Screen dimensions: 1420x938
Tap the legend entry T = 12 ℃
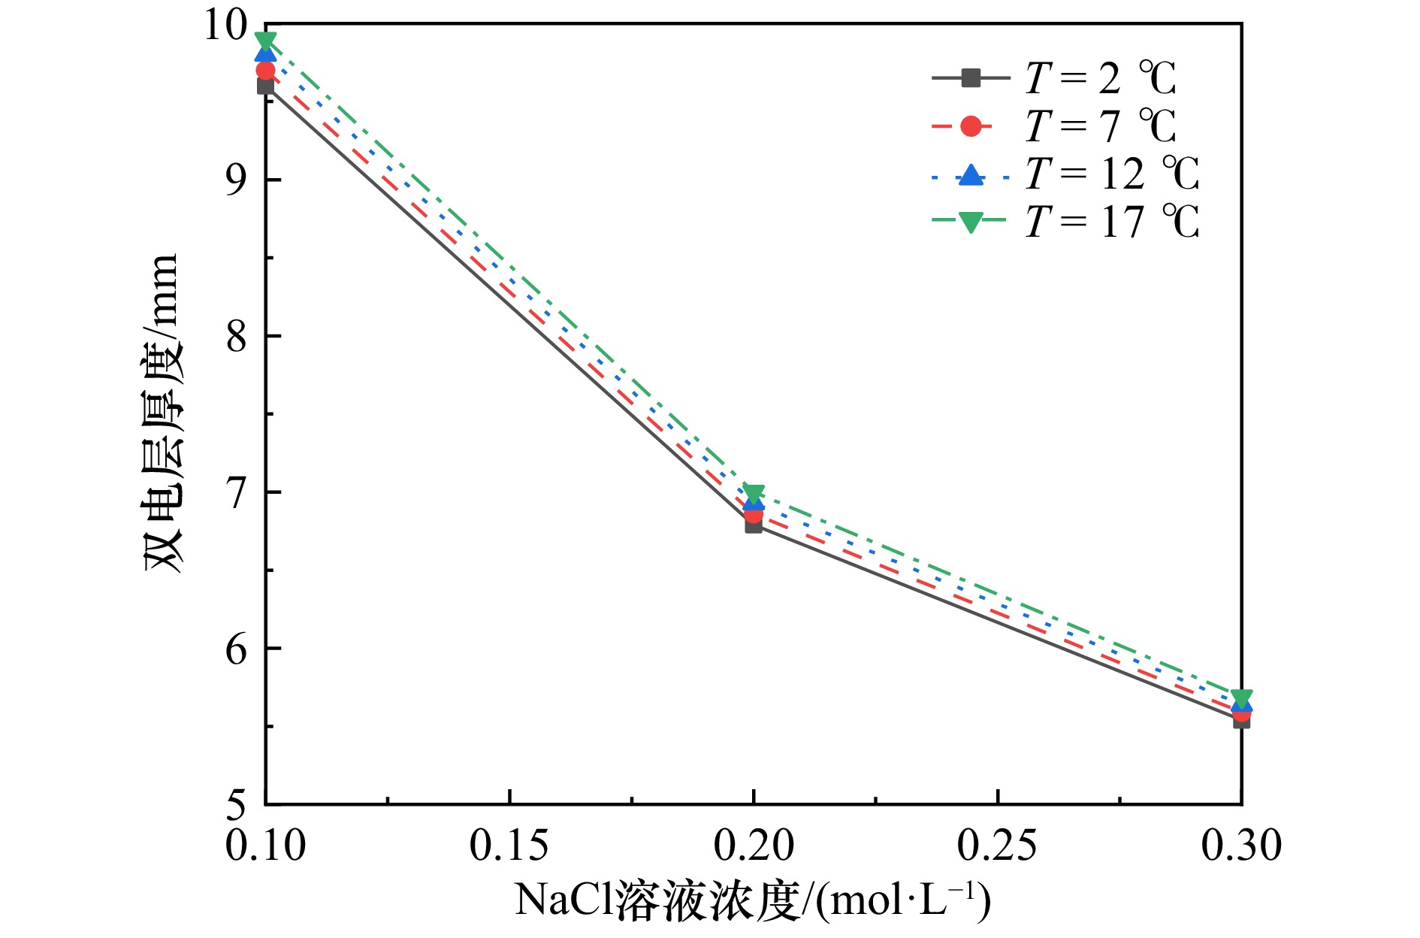[x=1065, y=174]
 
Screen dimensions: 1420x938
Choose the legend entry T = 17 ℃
[x=1065, y=222]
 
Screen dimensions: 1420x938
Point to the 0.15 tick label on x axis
[x=509, y=846]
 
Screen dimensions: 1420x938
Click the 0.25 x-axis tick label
[x=997, y=846]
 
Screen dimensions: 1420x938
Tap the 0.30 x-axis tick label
[x=1241, y=846]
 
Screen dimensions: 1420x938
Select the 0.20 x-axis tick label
[x=754, y=846]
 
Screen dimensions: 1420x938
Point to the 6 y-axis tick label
[x=237, y=649]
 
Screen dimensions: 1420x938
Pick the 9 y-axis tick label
[x=237, y=180]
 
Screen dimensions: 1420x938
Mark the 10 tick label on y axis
[x=225, y=26]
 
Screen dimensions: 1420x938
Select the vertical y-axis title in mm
[x=162, y=413]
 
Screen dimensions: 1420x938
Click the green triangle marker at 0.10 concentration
[x=265, y=40]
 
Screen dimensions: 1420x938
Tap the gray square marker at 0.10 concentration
[x=265, y=86]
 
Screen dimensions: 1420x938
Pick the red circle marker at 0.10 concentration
[x=265, y=70]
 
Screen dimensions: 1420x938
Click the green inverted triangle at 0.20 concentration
[x=754, y=494]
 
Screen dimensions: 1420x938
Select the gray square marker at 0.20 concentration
[x=754, y=525]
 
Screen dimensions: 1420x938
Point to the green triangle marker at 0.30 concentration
[x=1242, y=697]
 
